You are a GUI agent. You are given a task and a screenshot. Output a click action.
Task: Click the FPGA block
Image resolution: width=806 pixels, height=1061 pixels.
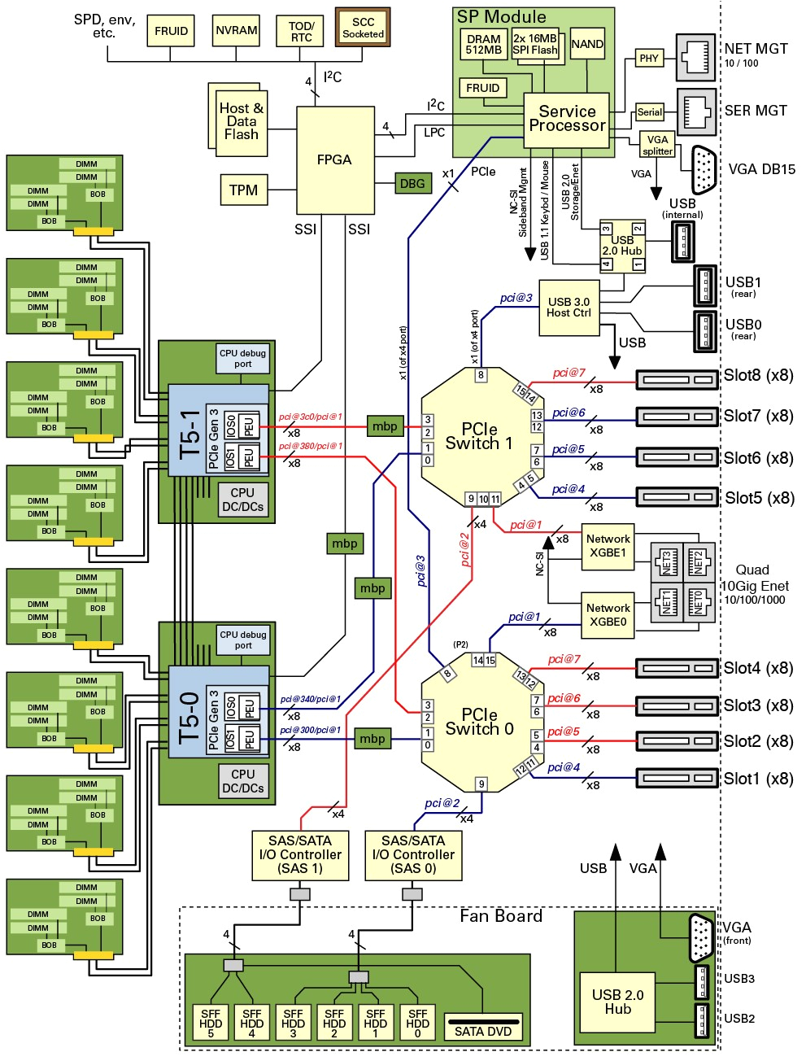[334, 160]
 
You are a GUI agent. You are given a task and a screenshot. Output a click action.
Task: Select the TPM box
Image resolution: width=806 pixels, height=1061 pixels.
[243, 190]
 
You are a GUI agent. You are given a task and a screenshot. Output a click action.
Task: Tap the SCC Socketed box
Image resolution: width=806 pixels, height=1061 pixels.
[363, 28]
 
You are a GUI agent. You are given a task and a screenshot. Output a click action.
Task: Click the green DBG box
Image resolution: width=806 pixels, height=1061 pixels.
[412, 184]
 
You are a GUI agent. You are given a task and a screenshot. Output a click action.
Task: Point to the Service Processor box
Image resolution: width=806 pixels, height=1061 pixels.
[567, 120]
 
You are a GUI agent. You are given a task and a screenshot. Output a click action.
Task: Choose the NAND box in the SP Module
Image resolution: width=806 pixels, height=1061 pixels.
[587, 45]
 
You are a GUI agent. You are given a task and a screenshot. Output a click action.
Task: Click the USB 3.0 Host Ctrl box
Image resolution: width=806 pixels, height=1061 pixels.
[569, 308]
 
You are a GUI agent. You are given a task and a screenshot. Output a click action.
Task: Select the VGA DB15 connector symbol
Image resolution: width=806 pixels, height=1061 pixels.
[704, 170]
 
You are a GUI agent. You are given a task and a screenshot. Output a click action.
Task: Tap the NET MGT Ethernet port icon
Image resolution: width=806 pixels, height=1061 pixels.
[695, 58]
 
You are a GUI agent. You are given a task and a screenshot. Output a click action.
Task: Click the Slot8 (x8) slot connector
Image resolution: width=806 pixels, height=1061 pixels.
[676, 380]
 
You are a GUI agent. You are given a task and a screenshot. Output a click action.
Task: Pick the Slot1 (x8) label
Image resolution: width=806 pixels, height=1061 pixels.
[758, 779]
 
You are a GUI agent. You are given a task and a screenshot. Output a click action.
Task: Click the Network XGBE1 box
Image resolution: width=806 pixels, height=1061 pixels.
[608, 546]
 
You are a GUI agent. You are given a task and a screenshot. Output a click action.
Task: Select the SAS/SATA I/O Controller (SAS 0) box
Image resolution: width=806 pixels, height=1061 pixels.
[413, 855]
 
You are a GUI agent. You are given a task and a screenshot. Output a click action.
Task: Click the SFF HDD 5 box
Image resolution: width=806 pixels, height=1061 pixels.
[211, 1023]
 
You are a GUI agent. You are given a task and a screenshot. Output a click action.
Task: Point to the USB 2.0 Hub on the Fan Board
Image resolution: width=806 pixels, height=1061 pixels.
[617, 1002]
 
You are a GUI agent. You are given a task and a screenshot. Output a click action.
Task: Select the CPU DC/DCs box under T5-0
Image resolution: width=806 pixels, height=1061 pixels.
[243, 781]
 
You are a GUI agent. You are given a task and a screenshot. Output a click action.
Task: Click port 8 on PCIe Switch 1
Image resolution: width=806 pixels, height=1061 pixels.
[481, 375]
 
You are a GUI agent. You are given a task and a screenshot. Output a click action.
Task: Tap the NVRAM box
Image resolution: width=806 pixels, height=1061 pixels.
[237, 31]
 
